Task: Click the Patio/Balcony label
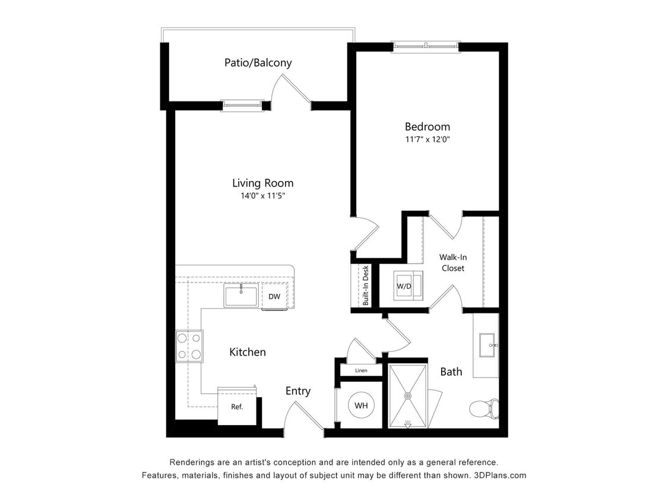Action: coord(258,62)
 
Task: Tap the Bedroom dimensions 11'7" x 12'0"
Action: coord(427,139)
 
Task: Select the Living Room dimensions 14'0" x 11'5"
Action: coord(262,196)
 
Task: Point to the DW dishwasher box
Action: coord(274,296)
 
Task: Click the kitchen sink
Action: coord(241,295)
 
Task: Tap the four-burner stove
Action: coord(189,346)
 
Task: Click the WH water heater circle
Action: coord(361,406)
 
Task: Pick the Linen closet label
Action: coord(361,370)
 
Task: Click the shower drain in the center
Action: coord(408,395)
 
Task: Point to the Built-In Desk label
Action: coord(366,285)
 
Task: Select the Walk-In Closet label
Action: coord(452,262)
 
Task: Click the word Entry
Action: coord(297,391)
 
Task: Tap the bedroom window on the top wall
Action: coord(425,46)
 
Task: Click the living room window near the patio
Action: coord(242,105)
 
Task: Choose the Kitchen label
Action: coord(248,352)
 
